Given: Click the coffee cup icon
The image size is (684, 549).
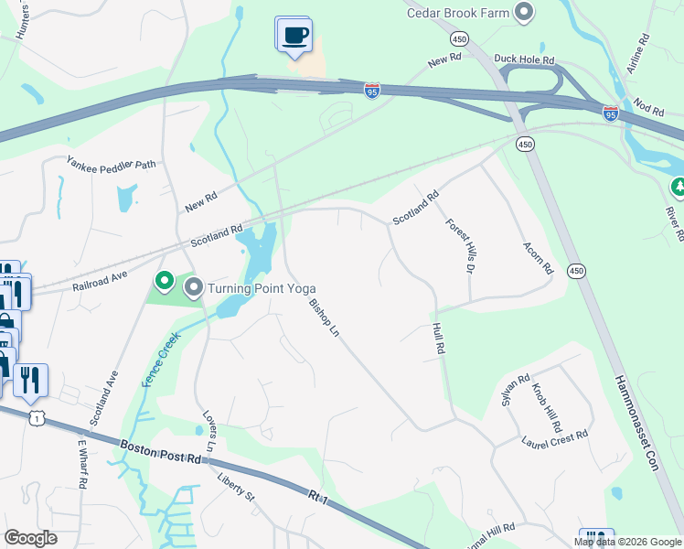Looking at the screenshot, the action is (294, 36).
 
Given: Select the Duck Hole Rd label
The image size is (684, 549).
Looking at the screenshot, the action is (525, 59).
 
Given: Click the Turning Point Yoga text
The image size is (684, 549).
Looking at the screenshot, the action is (262, 289).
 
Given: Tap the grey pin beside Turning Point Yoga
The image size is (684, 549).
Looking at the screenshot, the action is (194, 289).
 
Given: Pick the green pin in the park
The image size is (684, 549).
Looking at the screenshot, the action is (165, 280).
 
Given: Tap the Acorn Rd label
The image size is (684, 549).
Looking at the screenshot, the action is (539, 259).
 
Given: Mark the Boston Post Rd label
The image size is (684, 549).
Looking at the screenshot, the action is (160, 452).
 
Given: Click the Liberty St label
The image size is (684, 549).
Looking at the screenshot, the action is (235, 485).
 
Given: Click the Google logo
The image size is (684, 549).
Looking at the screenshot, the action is (30, 538).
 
